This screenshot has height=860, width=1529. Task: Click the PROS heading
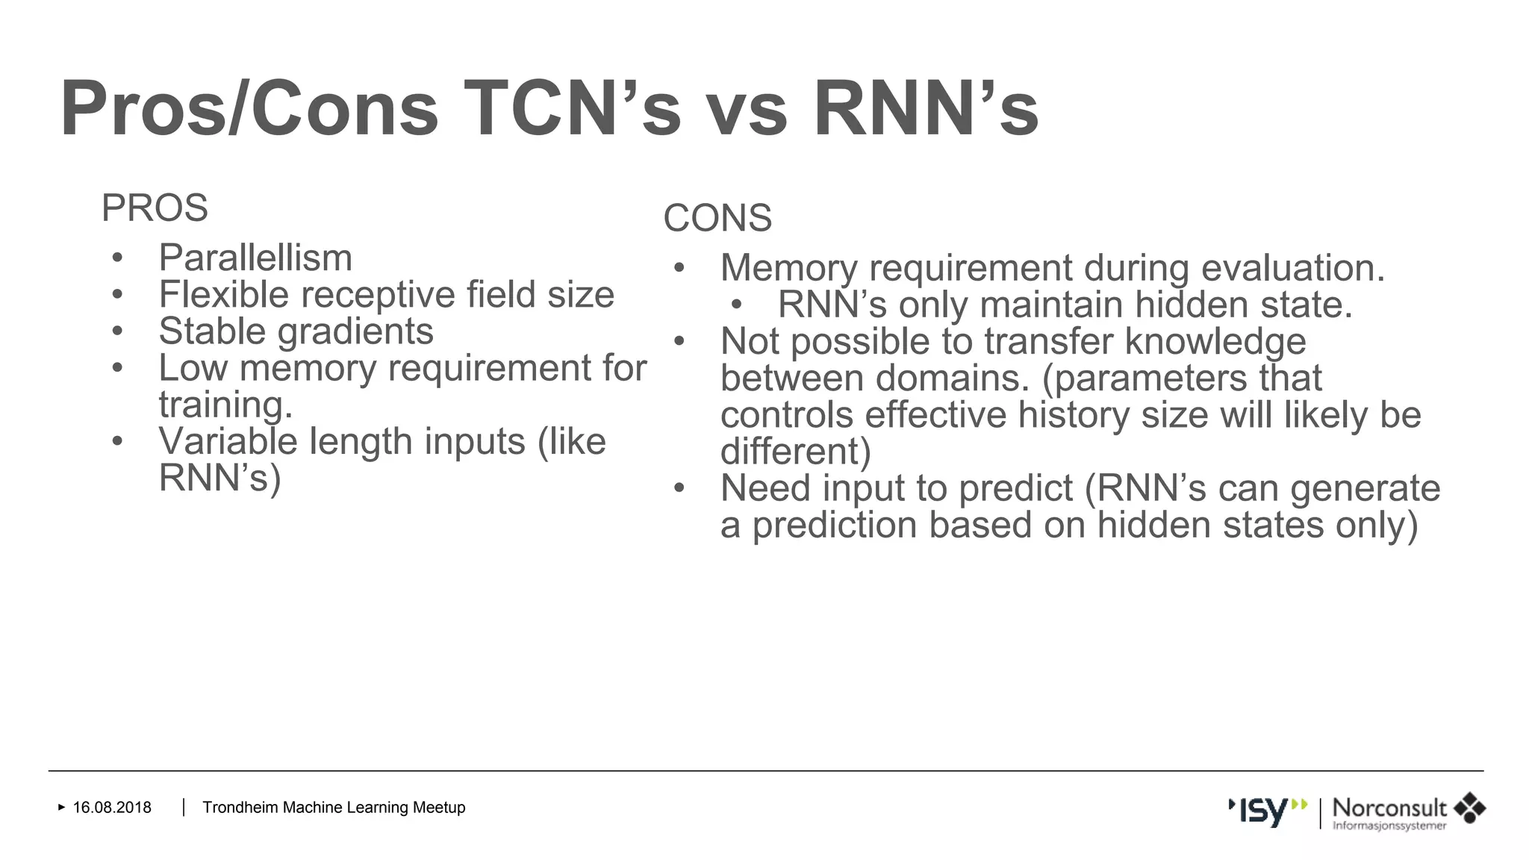155,208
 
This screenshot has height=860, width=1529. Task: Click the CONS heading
717,219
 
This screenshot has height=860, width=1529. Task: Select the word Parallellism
255,258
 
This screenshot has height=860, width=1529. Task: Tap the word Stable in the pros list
212,331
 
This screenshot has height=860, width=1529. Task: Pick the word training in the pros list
225,405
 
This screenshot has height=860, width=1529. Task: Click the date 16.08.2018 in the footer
112,808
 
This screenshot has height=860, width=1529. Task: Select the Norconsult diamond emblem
1469,808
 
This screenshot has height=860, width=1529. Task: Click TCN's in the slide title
572,109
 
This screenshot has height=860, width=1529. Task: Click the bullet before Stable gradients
117,331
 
